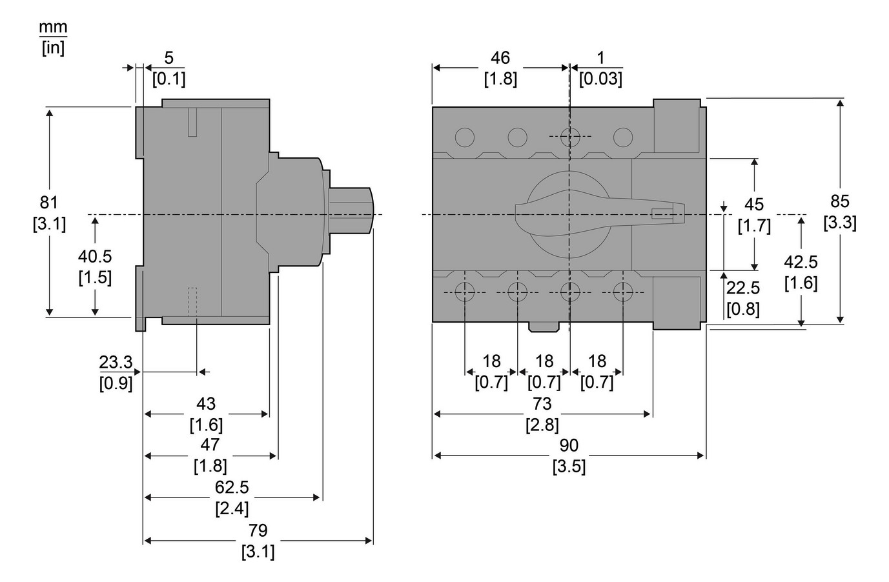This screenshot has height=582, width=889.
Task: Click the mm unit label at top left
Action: tap(53, 28)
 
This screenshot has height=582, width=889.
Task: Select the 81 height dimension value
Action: tap(49, 202)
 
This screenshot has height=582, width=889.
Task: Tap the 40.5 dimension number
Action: tap(95, 256)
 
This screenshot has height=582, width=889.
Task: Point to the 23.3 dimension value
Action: tap(116, 362)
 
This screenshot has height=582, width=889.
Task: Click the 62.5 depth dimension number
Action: tap(232, 487)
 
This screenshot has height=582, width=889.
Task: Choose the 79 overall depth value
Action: tap(258, 530)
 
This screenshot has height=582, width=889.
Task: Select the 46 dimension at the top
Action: tap(500, 57)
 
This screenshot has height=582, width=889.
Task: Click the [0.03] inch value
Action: tap(600, 79)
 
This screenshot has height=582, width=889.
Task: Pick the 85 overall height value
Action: tap(840, 201)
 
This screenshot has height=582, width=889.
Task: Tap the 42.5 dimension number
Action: tap(801, 261)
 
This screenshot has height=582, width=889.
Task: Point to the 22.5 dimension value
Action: tap(743, 287)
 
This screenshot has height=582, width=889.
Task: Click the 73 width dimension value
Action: tap(542, 403)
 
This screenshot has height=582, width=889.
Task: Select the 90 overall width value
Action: tap(569, 445)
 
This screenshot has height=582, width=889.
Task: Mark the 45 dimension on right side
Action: tap(754, 205)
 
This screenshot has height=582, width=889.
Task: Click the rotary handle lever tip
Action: tap(678, 214)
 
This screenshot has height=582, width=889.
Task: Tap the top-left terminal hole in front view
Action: tap(464, 137)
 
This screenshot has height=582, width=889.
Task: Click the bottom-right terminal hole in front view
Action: tap(622, 292)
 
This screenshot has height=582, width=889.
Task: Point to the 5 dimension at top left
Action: tap(169, 57)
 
